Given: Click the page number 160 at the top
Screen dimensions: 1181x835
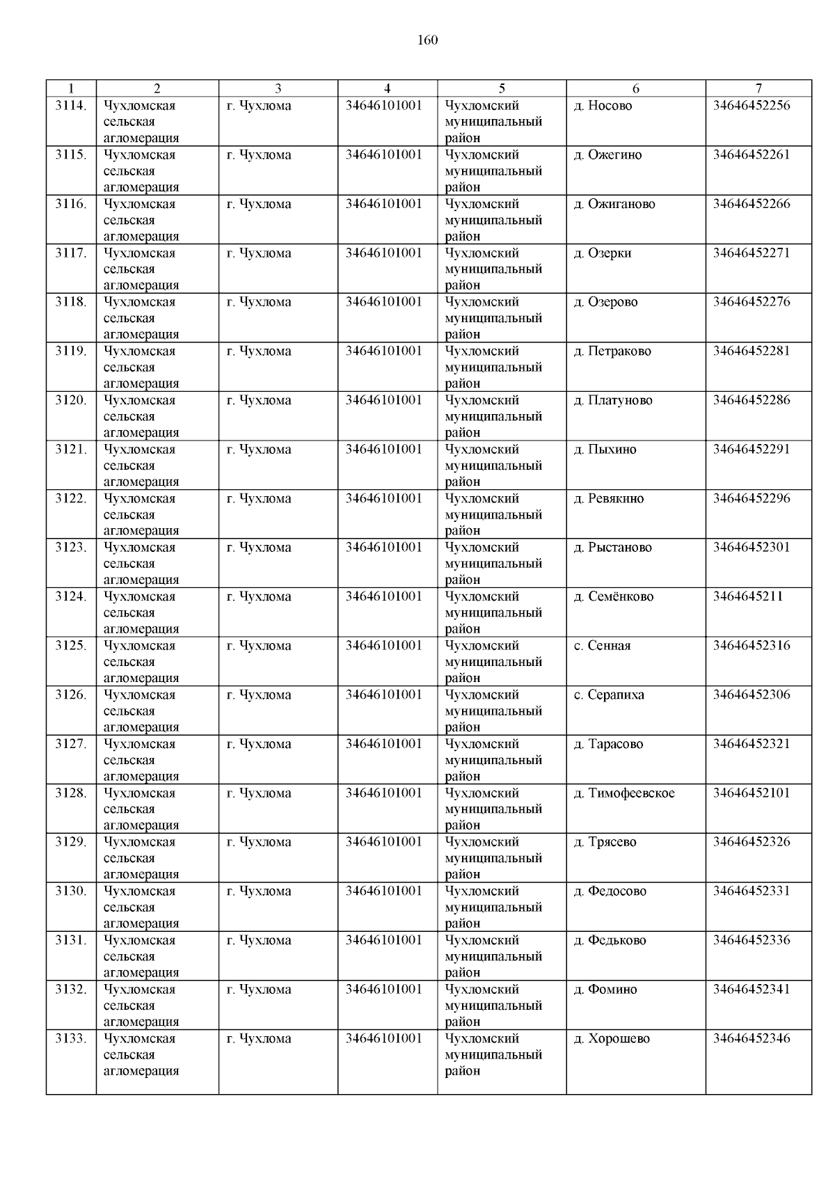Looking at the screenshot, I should pos(427,40).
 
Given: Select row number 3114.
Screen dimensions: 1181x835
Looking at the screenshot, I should pos(71,106).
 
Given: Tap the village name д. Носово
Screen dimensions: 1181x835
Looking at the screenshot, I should pos(603,106).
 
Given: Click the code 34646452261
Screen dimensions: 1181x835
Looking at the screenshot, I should pos(751,154).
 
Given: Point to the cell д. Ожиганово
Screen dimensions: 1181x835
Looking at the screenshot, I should pos(614,204).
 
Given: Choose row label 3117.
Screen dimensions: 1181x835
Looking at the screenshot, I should pos(71,253).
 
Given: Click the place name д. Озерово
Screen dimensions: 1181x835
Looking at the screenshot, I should pos(605,302).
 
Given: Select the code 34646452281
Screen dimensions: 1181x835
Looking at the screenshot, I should pos(751,351).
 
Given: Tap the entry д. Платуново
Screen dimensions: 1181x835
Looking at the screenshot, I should pos(613,400).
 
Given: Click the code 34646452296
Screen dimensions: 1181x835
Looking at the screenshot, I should pos(751,498).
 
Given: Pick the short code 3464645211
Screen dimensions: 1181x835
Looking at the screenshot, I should pos(748,596).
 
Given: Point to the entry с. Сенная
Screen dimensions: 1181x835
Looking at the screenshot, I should pos(602,646).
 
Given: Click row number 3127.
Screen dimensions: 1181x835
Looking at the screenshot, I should pos(71,744).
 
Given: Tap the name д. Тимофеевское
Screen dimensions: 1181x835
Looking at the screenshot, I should pos(624,793).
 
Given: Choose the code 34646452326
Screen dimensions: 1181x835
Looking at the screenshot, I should pos(751,842).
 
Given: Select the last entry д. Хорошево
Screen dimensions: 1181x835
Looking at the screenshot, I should pos(612,1038).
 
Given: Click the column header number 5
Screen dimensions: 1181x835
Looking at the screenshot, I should pos(502,88).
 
